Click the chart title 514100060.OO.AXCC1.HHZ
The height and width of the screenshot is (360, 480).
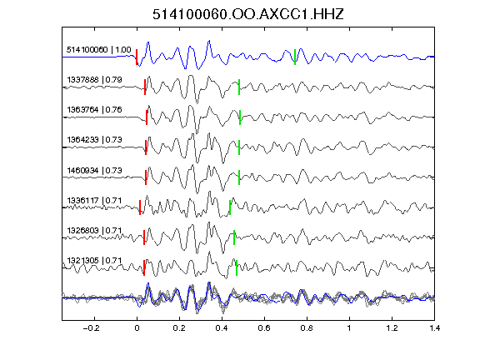[248, 14]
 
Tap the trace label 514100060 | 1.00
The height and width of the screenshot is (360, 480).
[98, 50]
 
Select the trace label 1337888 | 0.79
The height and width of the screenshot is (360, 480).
[94, 80]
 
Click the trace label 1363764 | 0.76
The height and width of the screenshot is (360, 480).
[94, 110]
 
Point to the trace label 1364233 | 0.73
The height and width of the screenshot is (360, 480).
[94, 140]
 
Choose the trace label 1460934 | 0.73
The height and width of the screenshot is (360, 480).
[94, 170]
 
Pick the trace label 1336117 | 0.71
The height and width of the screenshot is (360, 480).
[94, 201]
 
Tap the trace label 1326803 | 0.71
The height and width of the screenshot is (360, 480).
[94, 230]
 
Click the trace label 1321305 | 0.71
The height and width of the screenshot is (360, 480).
[94, 261]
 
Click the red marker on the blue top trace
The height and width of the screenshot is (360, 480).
[137, 57]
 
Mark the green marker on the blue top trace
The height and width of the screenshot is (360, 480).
[295, 57]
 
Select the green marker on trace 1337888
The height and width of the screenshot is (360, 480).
[239, 87]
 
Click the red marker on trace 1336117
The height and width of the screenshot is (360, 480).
[140, 207]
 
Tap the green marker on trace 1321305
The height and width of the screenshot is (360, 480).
[237, 267]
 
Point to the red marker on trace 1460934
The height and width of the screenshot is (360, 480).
[146, 177]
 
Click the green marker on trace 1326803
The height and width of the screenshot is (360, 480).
[234, 237]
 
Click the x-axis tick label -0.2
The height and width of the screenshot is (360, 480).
[91, 328]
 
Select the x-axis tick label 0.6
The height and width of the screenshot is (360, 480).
[264, 328]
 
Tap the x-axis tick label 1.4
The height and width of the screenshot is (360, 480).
[435, 328]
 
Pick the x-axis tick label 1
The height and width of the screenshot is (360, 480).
[349, 328]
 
